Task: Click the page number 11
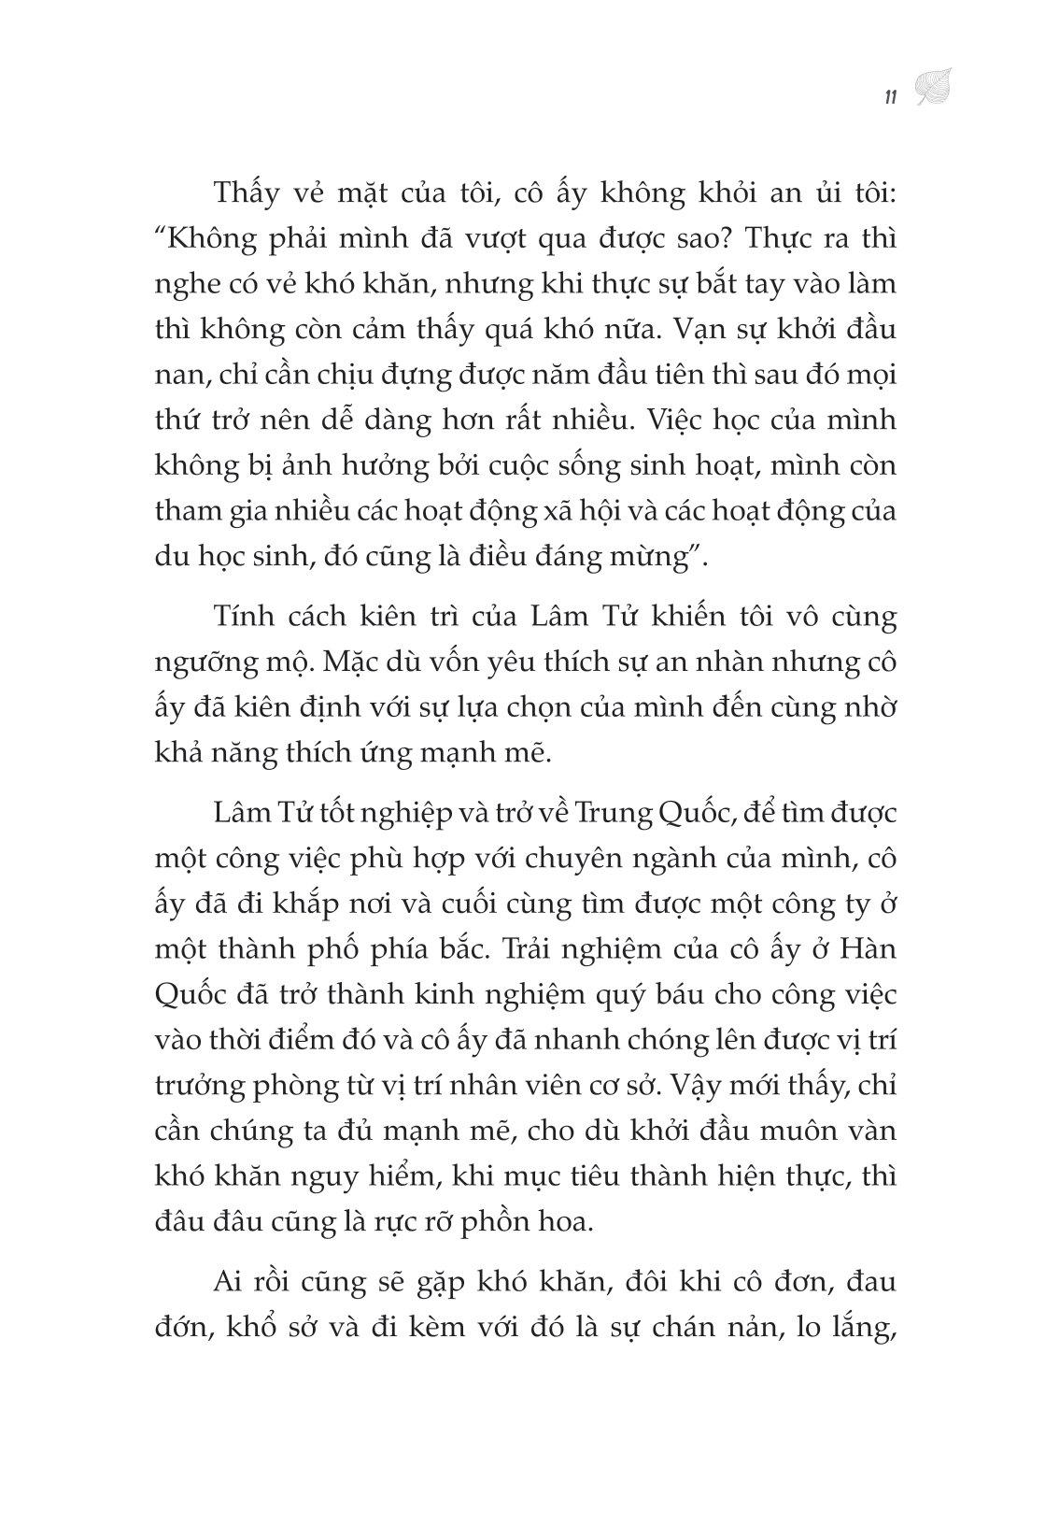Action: pos(889,96)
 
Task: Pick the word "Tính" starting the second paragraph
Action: pos(245,618)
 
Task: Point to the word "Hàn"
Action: pos(868,948)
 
